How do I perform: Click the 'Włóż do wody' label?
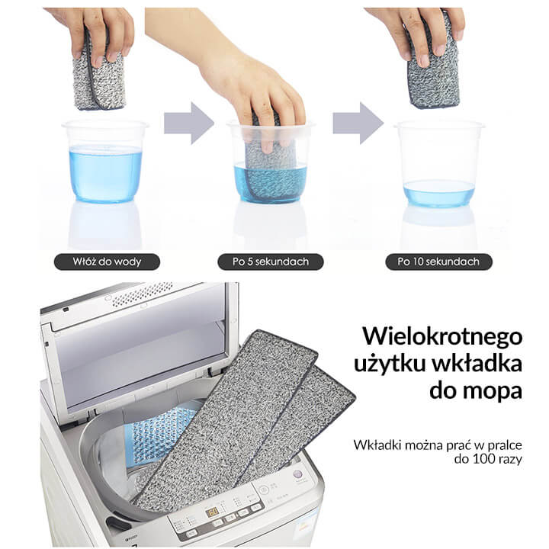(107, 262)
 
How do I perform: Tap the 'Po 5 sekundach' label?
(270, 262)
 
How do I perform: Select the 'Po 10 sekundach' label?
(438, 262)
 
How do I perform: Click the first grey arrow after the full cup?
(189, 124)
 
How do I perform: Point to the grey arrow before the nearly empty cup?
(358, 124)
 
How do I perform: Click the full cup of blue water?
(105, 161)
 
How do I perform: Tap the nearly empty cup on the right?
(439, 164)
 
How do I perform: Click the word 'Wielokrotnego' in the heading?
(442, 336)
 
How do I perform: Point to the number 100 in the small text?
(483, 459)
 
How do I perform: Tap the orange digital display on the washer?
(212, 512)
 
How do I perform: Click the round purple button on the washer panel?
(297, 475)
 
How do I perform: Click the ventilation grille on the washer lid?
(143, 294)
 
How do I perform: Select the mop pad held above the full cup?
(99, 75)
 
